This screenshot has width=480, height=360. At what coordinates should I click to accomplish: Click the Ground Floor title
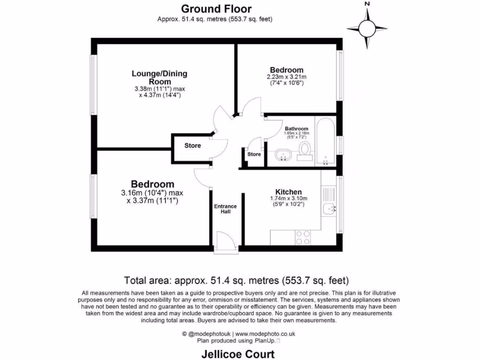(x=216, y=8)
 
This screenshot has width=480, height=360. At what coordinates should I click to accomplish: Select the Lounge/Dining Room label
(x=159, y=77)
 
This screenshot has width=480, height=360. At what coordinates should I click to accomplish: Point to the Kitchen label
(x=288, y=192)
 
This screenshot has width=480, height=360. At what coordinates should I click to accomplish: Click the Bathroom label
(x=296, y=129)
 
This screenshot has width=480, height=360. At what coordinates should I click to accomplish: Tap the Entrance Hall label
(x=225, y=209)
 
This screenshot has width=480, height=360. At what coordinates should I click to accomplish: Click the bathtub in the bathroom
(x=325, y=141)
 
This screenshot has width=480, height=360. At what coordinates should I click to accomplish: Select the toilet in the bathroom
(x=305, y=151)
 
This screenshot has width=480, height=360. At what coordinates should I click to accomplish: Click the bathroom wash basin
(x=283, y=154)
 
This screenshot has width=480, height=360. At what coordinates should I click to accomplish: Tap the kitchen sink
(x=329, y=209)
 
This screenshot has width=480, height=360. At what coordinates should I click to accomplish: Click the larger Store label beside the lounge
(x=192, y=146)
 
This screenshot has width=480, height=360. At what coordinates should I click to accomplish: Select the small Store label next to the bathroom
(x=254, y=154)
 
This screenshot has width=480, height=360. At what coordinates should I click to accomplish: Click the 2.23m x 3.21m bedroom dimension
(x=286, y=77)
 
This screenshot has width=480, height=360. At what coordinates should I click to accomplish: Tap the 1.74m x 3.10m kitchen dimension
(x=288, y=199)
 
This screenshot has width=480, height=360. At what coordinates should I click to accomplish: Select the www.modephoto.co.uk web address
(x=268, y=334)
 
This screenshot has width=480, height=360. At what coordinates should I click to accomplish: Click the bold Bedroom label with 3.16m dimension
(x=152, y=184)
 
